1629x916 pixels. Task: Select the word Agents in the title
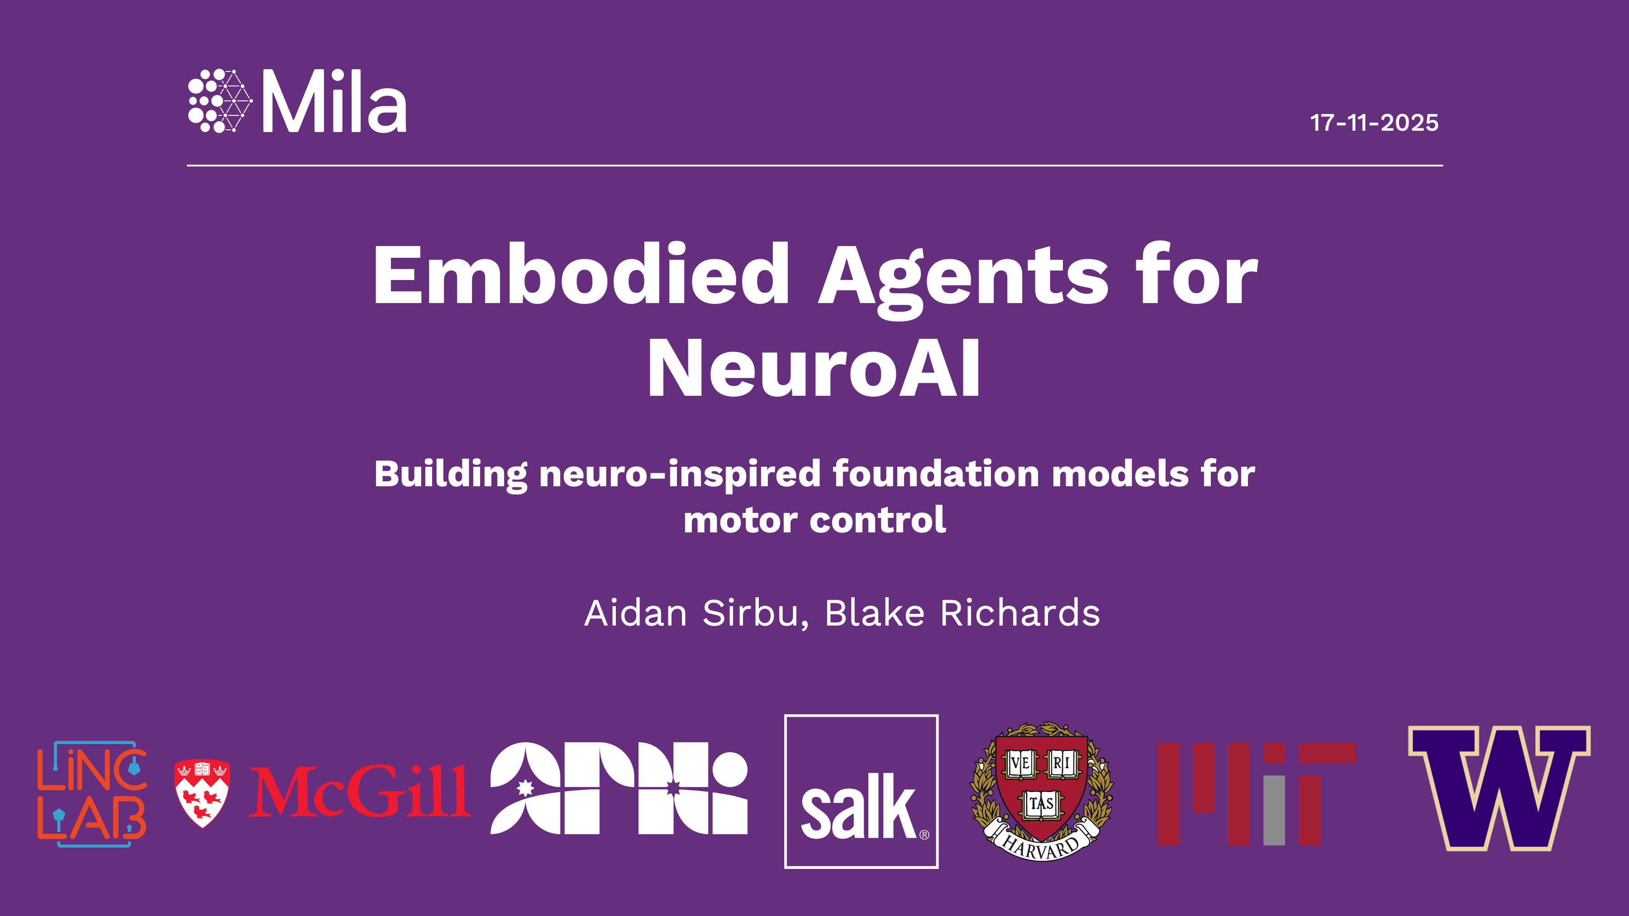click(963, 279)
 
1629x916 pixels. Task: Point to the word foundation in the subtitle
click(936, 474)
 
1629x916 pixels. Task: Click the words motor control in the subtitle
click(814, 520)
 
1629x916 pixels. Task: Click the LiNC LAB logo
click(92, 794)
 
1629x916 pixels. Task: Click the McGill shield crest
click(202, 793)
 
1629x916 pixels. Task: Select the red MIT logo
click(1257, 794)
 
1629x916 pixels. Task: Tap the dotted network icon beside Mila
click(220, 101)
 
